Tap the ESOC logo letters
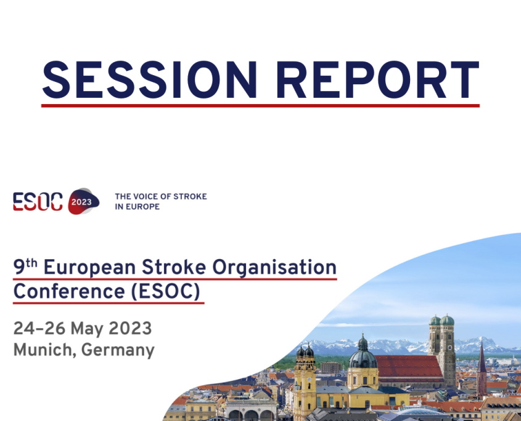click(38, 201)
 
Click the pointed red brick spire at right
click(482, 363)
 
